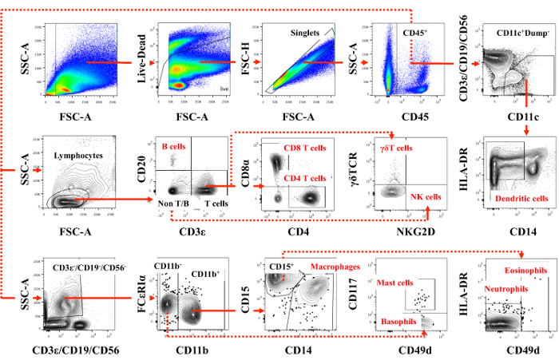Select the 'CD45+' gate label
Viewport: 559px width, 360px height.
[x=418, y=33]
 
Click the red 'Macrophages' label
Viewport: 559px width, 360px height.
[x=332, y=266]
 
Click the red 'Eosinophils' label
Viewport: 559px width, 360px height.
[x=525, y=271]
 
